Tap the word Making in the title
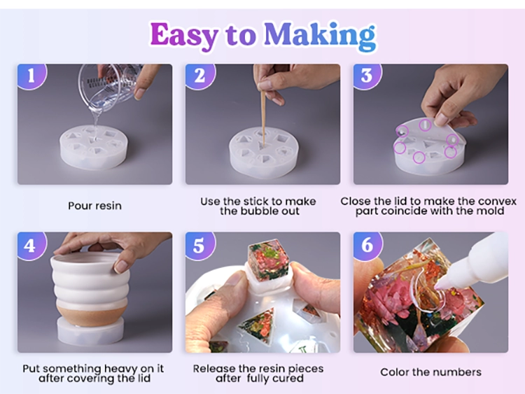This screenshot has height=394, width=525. click(320, 36)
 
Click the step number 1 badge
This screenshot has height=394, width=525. click(31, 76)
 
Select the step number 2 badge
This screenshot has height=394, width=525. click(200, 76)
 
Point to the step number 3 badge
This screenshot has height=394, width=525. click(367, 76)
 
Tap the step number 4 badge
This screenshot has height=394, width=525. click(31, 246)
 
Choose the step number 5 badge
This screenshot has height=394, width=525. click(199, 246)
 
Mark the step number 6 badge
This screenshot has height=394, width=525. click(367, 246)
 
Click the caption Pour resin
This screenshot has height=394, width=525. click(94, 206)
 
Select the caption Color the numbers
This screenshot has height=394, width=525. click(431, 372)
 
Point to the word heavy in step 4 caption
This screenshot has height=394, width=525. click(121, 369)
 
